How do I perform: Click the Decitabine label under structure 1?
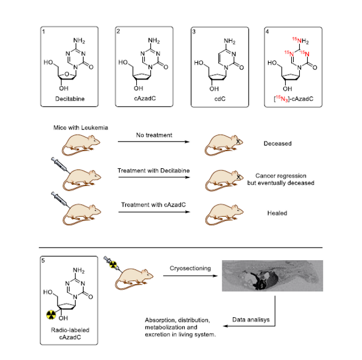[70, 99]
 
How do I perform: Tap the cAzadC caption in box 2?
[145, 99]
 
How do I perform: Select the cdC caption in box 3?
[220, 99]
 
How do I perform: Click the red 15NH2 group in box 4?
[300, 41]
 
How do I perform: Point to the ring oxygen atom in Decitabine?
[67, 74]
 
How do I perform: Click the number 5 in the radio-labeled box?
[43, 260]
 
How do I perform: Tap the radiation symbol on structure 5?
[51, 315]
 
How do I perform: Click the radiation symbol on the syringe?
[113, 265]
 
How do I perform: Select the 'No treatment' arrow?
[154, 141]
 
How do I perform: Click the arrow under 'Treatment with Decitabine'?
[154, 177]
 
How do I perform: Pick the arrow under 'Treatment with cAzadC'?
[154, 212]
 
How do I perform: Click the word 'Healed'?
[277, 213]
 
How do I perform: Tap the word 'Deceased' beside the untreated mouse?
[278, 144]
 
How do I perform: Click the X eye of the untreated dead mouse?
[238, 141]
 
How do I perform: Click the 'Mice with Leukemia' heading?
[80, 128]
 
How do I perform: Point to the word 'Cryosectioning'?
[190, 268]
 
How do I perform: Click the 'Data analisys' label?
[251, 319]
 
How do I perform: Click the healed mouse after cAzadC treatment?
[224, 214]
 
